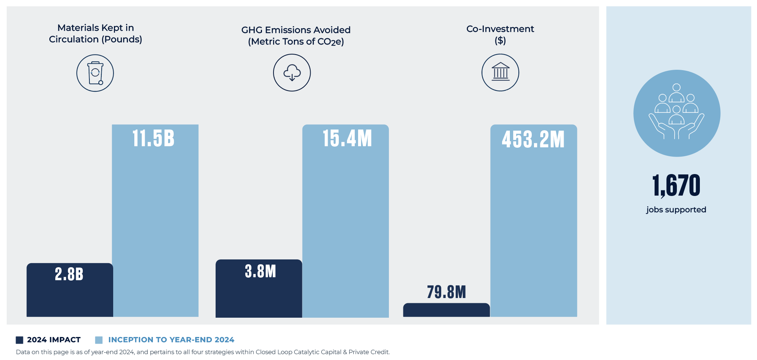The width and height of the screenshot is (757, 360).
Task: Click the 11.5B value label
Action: (153, 138)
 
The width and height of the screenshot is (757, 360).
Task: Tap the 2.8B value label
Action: (69, 274)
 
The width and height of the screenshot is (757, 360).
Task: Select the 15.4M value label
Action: (347, 138)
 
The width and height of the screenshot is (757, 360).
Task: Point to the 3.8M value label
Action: (260, 271)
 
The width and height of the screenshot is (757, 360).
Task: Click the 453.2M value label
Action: (533, 140)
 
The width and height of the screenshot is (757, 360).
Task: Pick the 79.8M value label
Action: (446, 292)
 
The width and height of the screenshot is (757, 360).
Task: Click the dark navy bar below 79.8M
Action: (446, 310)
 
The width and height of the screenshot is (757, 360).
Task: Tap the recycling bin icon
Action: (95, 73)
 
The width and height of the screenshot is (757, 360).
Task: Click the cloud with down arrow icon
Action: (292, 73)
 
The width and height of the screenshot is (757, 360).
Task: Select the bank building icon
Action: (500, 72)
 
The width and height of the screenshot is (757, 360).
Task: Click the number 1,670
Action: (676, 186)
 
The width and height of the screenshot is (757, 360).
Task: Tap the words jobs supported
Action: (676, 210)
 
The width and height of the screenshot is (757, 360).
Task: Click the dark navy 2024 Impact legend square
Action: (20, 340)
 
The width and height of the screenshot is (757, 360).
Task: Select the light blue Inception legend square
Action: (99, 340)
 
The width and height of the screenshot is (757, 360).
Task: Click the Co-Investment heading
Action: (500, 29)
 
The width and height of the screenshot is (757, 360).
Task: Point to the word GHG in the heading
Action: (252, 30)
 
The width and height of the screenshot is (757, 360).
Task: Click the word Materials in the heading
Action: (78, 28)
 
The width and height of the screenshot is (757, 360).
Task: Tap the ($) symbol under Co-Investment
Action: (500, 40)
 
